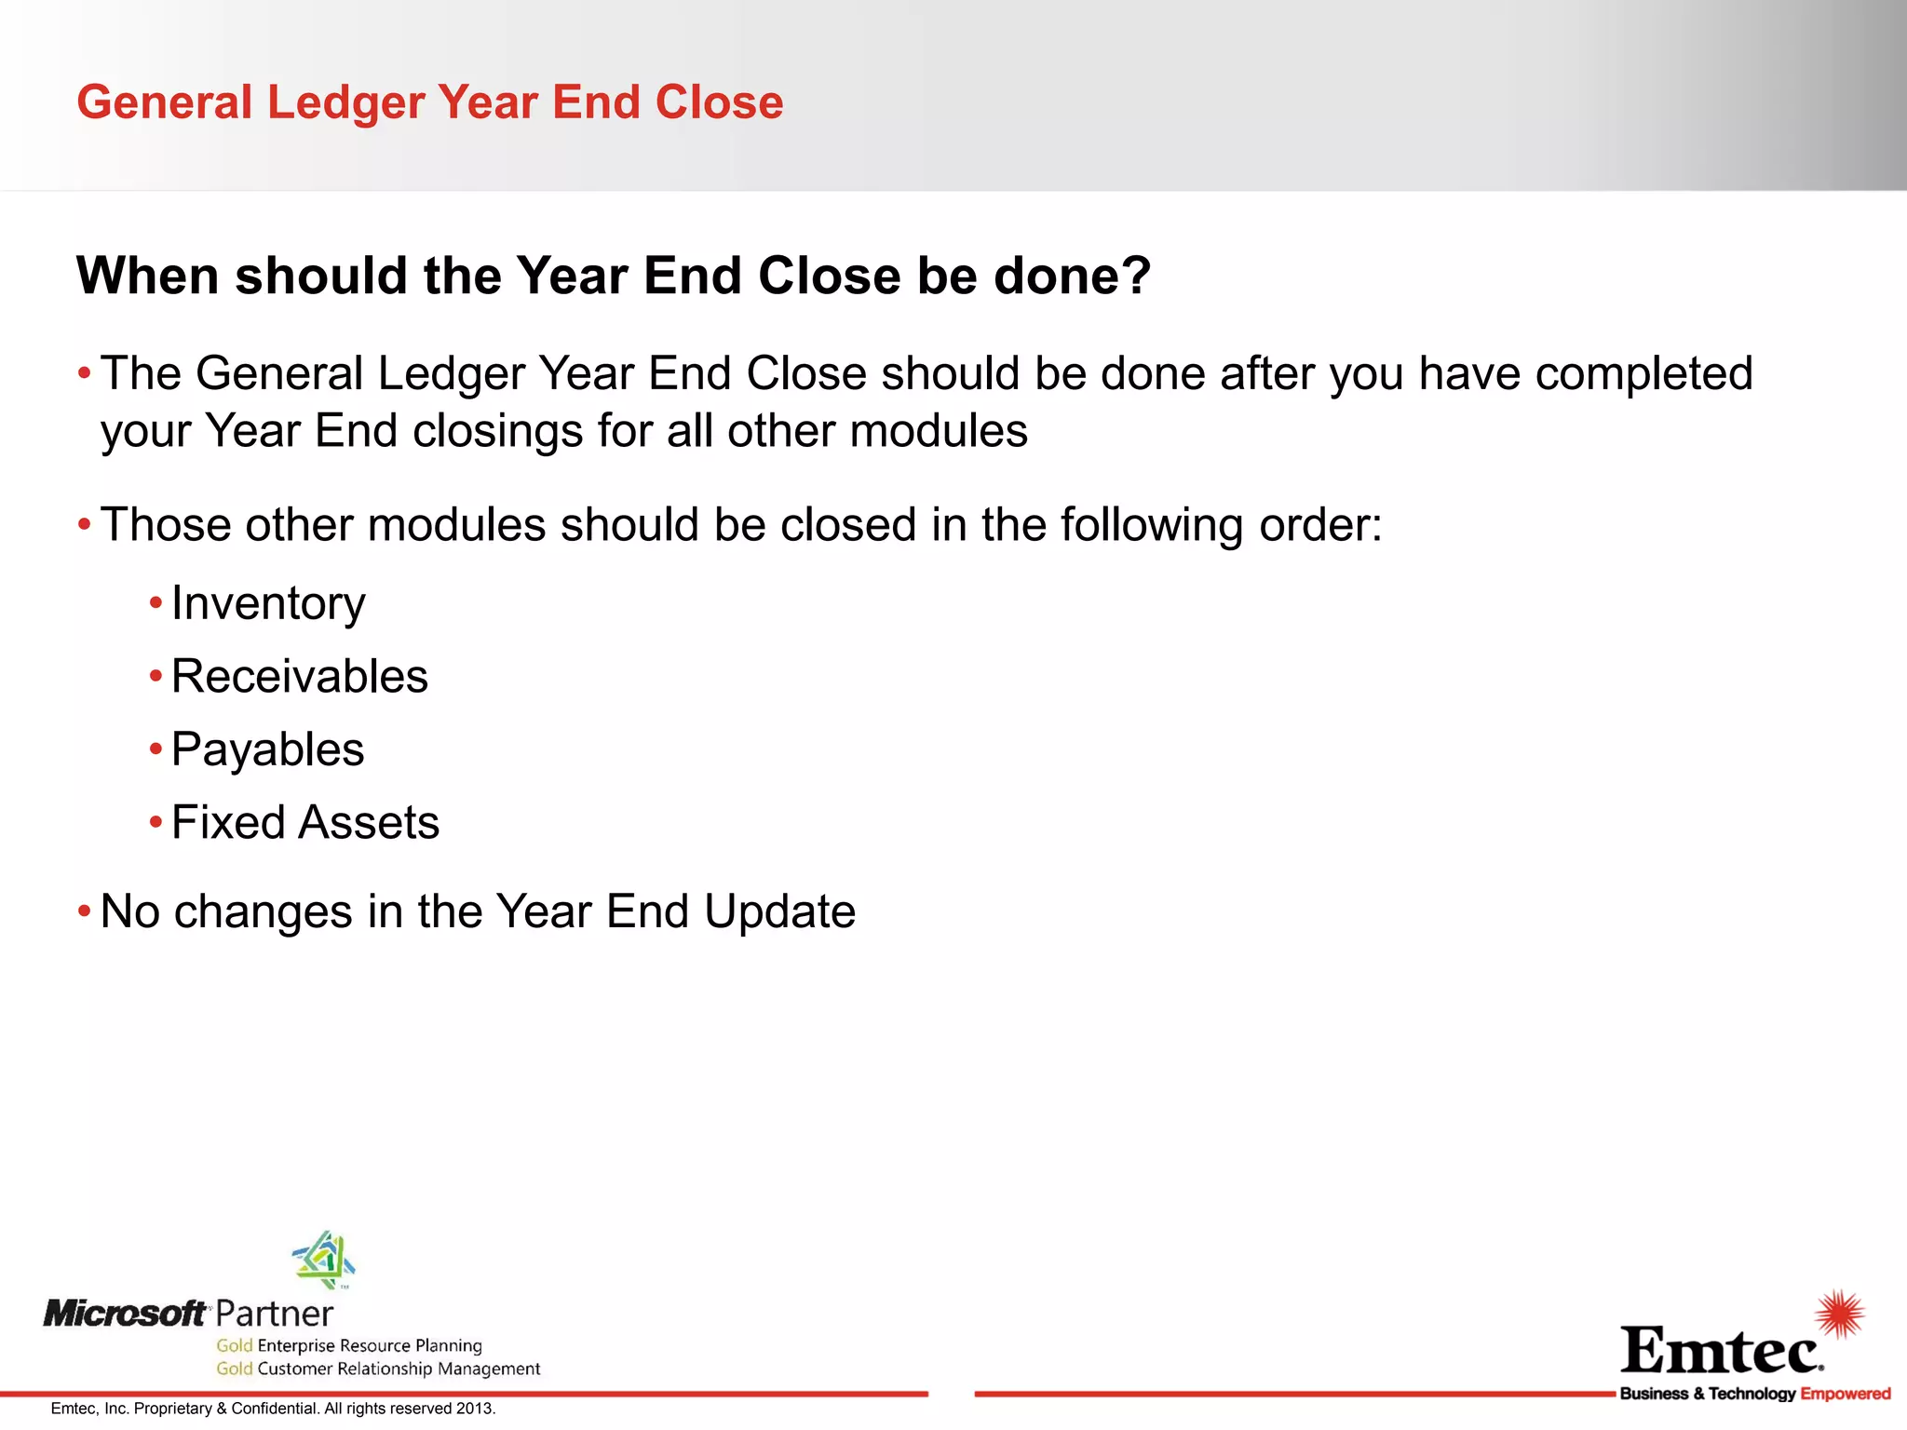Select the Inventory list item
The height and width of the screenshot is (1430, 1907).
(x=268, y=604)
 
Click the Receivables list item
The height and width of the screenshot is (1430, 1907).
(x=299, y=677)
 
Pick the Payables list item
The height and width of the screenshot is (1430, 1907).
(x=267, y=750)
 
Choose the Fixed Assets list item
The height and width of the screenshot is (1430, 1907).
(x=304, y=823)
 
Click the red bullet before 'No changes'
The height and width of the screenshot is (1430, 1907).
(x=85, y=911)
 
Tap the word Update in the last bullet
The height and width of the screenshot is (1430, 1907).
(x=779, y=911)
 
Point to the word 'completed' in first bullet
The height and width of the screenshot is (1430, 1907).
(x=1643, y=374)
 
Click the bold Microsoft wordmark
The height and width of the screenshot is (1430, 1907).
(x=125, y=1314)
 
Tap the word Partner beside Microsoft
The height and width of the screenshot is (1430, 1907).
(x=274, y=1315)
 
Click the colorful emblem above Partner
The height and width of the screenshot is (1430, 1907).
(x=324, y=1260)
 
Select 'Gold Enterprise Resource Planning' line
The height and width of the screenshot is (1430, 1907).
(x=349, y=1345)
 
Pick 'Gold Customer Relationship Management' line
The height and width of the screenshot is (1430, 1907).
(x=378, y=1369)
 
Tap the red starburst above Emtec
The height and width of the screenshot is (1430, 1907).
(x=1839, y=1315)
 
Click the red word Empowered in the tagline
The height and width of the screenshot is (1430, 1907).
(x=1845, y=1394)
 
